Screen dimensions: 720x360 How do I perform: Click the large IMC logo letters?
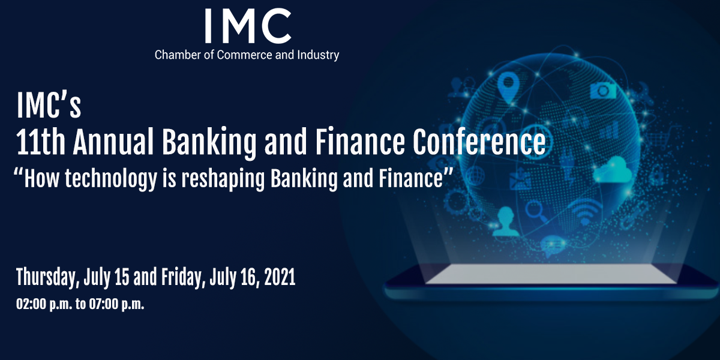248,26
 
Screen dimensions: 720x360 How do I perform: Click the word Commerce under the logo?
245,55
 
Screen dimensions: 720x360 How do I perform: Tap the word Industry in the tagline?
318,55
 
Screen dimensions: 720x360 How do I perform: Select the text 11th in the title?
41,142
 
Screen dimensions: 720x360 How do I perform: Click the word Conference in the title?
479,142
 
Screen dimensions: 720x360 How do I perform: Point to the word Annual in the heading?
113,142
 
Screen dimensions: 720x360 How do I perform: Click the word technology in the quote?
110,179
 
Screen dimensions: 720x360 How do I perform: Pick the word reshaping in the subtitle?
223,179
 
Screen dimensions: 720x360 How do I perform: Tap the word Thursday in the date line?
48,277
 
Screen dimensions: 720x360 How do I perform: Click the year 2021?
280,277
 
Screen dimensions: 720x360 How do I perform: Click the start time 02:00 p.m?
44,304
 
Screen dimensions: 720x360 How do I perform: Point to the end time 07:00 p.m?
116,304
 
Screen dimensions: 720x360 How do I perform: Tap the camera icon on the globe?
603,91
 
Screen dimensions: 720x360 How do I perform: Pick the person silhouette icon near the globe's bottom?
506,221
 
